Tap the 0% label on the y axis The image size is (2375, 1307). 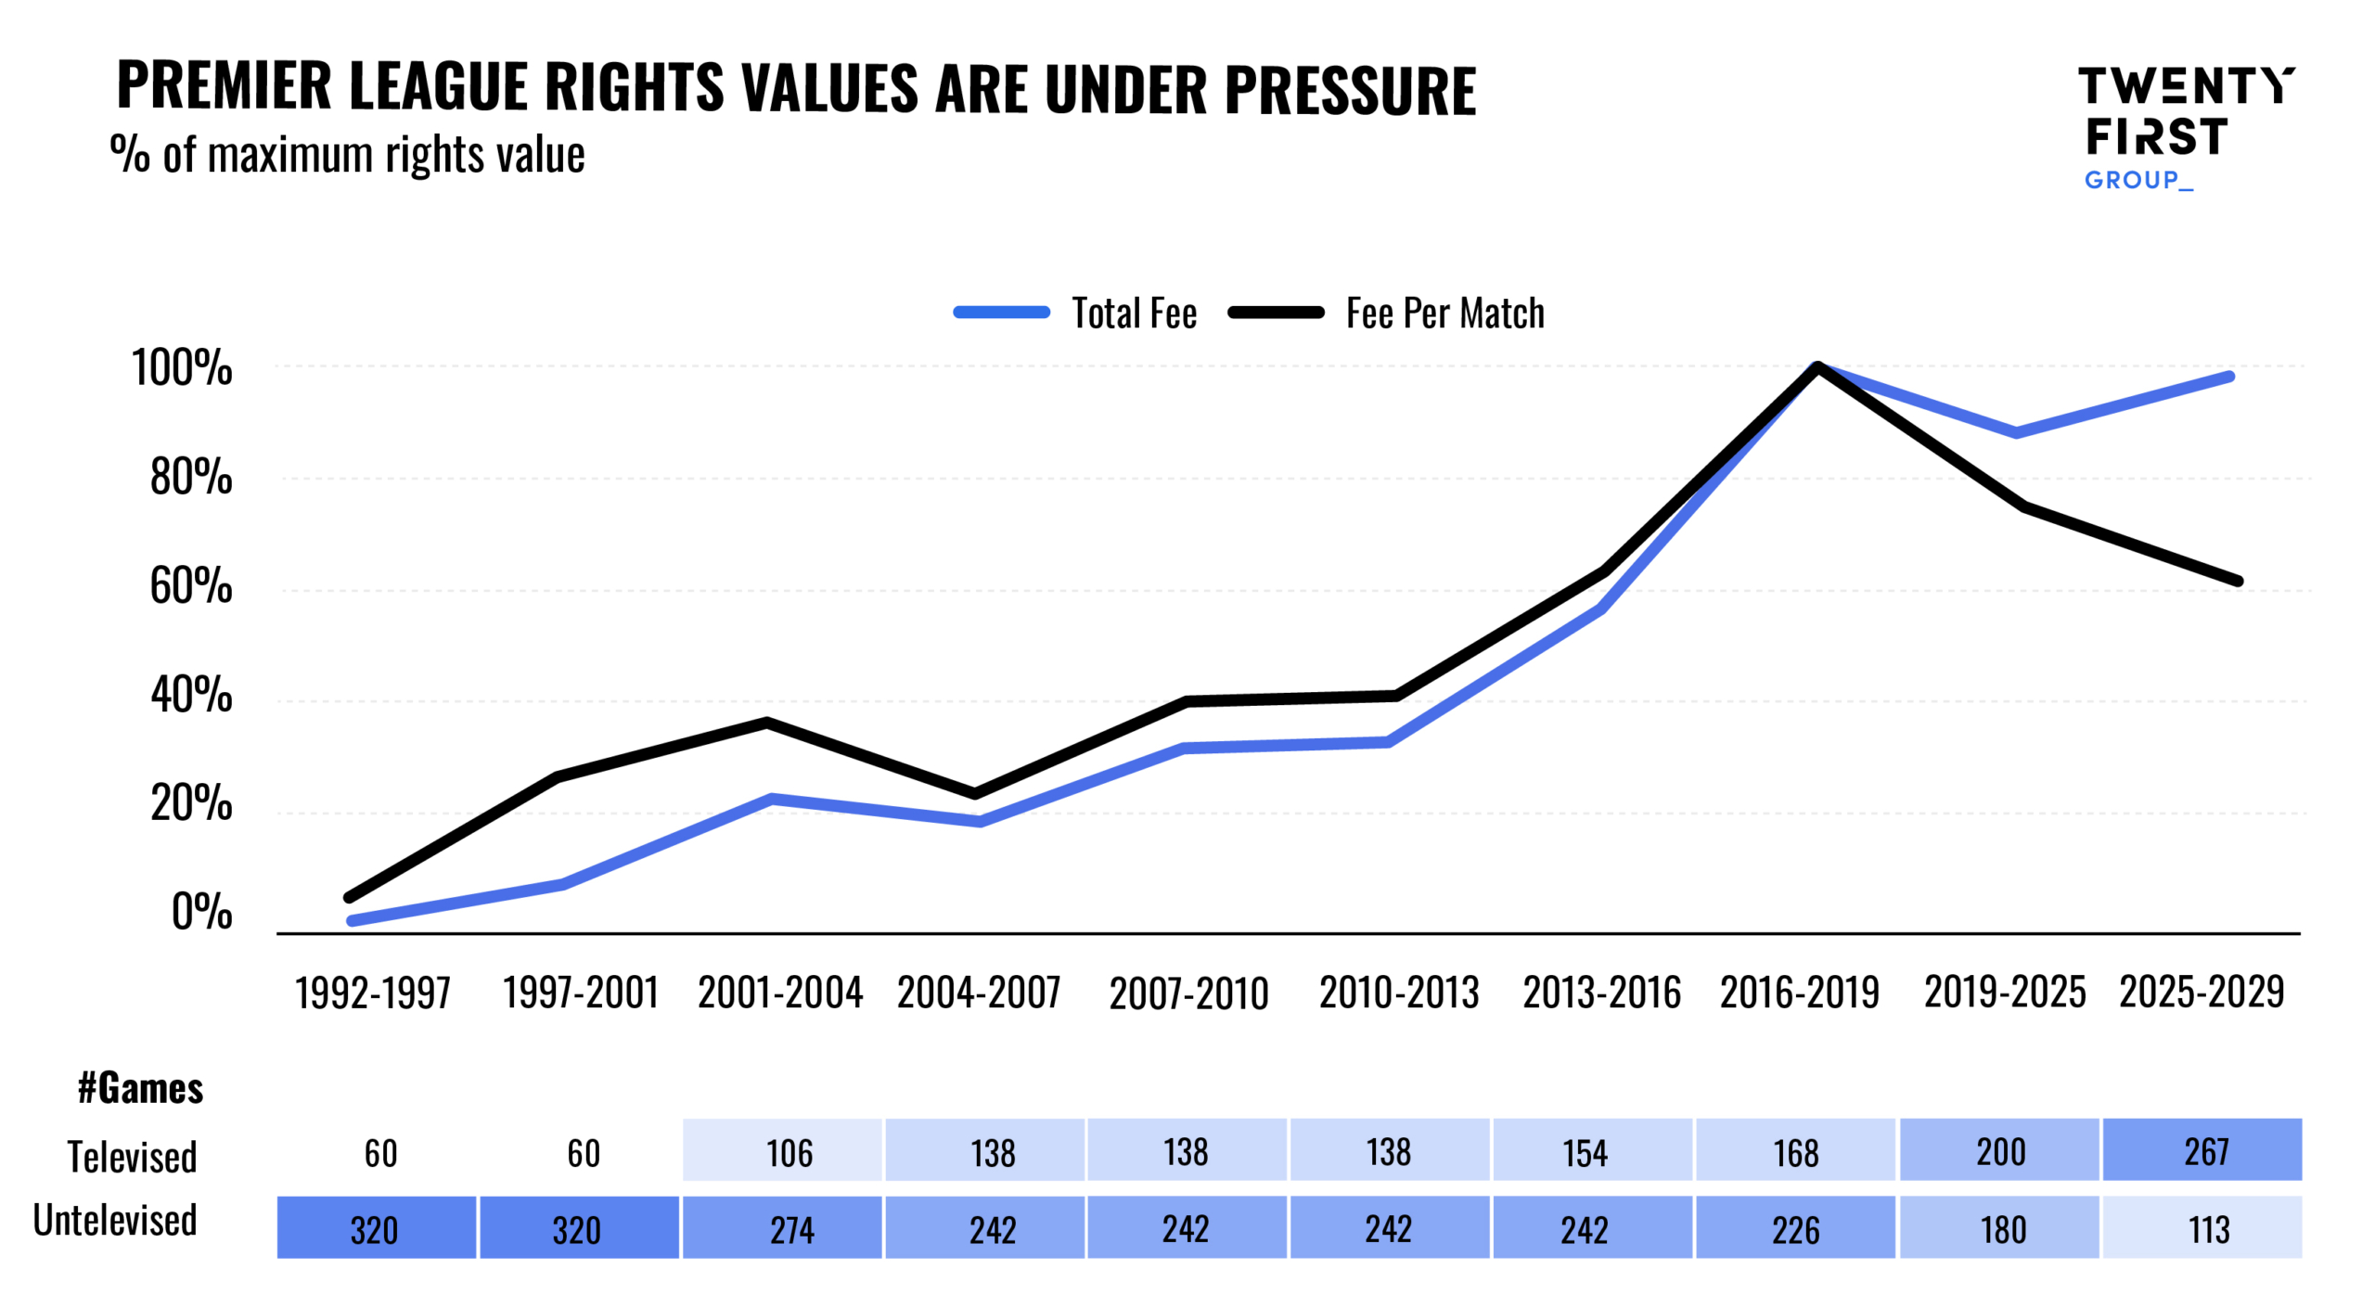pyautogui.click(x=201, y=911)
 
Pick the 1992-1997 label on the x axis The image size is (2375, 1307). pyautogui.click(x=372, y=992)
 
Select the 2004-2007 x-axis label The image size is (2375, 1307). pyautogui.click(x=978, y=992)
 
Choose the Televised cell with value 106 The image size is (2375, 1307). pyautogui.click(x=781, y=1150)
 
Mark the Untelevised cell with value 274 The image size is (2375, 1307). pyautogui.click(x=781, y=1228)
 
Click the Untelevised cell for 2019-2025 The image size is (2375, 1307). pyautogui.click(x=1998, y=1228)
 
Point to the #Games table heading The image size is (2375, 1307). pyautogui.click(x=140, y=1087)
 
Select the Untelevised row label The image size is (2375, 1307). pyautogui.click(x=115, y=1220)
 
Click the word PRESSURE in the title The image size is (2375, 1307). pyautogui.click(x=1350, y=90)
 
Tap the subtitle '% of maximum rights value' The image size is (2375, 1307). pyautogui.click(x=348, y=154)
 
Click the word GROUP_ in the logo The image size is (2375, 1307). pyautogui.click(x=2137, y=180)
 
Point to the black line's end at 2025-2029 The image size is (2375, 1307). pyautogui.click(x=2238, y=581)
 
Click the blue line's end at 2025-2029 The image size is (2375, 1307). pyautogui.click(x=2229, y=377)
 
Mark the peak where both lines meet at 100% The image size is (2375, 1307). pyautogui.click(x=1817, y=366)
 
